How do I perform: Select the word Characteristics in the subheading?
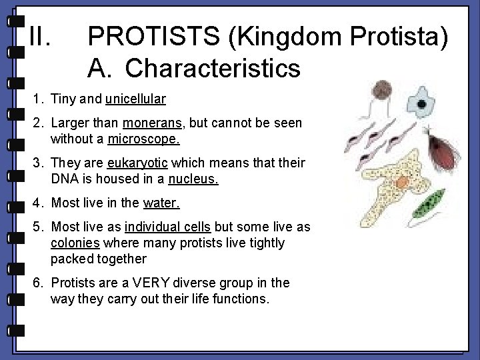(213, 67)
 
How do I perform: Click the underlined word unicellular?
(135, 99)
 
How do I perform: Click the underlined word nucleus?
(193, 179)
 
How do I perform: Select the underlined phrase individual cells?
(168, 227)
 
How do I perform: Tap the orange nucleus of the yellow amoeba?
(402, 182)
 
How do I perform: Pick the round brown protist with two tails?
(383, 90)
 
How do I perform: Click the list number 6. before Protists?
(38, 283)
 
